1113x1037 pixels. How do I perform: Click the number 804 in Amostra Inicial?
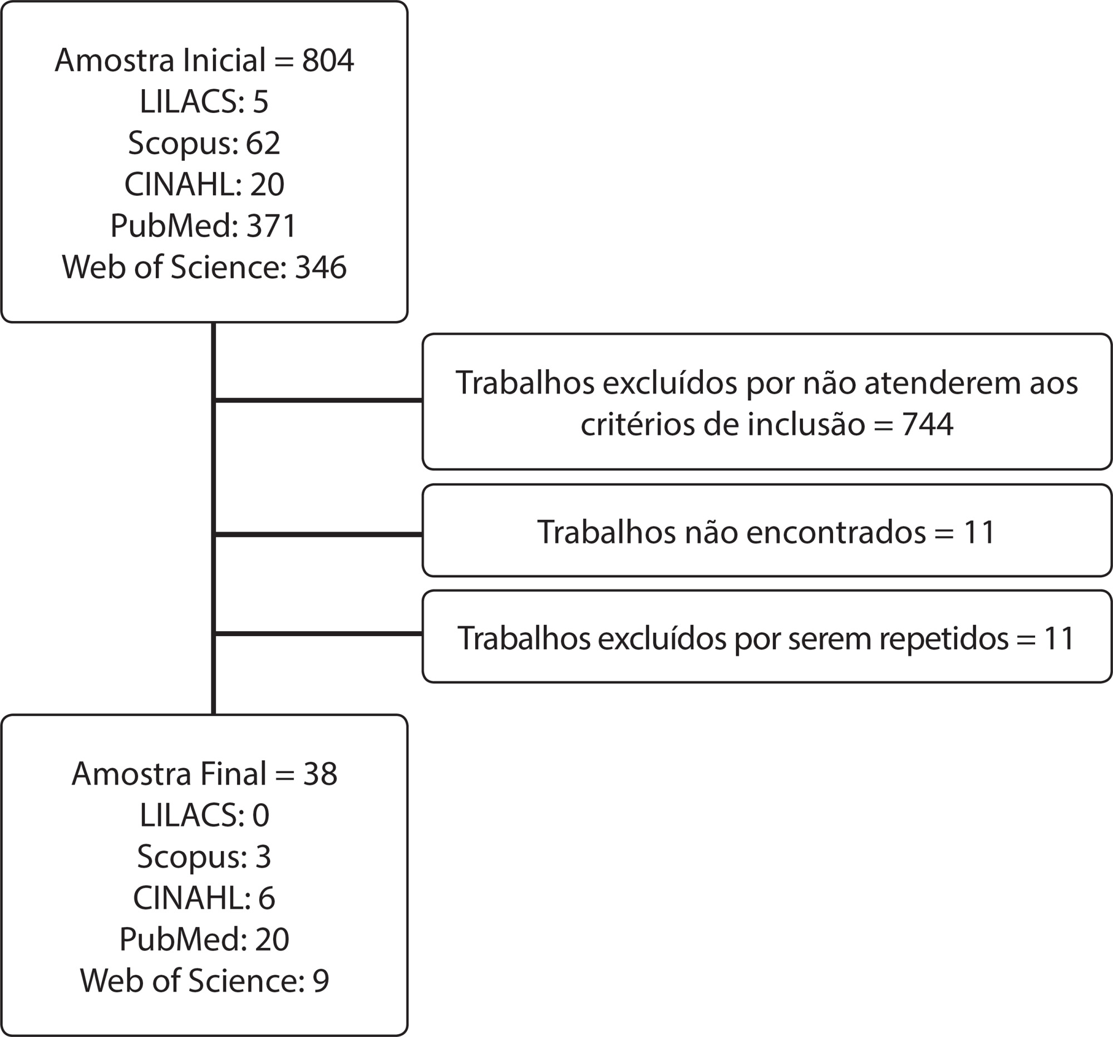coord(328,61)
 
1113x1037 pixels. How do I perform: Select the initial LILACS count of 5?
coord(260,102)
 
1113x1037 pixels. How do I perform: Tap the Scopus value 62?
coord(263,144)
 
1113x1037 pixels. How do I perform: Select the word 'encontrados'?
coord(836,532)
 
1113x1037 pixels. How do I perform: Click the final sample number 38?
coord(320,774)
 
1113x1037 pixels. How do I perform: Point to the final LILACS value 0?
coord(261,816)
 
